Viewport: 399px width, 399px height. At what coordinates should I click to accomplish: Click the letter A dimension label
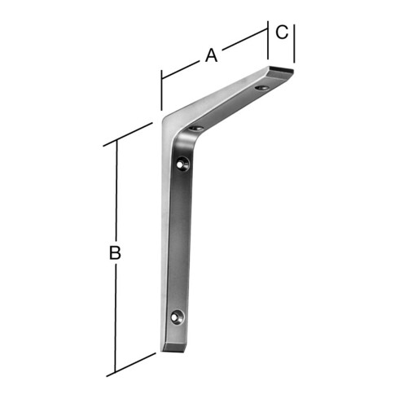point(212,55)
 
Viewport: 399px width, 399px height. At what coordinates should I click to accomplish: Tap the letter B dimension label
point(115,252)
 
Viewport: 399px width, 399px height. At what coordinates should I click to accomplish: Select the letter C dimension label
point(282,32)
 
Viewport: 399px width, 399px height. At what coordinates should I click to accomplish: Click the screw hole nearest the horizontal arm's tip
point(262,88)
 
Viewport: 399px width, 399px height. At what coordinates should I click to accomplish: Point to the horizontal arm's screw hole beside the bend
point(196,128)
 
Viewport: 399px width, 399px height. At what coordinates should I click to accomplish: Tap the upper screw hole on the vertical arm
point(183,164)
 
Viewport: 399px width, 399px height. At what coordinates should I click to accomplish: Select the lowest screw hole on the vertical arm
point(178,317)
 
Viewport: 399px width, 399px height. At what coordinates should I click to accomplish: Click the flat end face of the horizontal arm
point(282,69)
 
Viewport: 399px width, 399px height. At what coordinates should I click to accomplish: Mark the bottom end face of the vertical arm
point(173,348)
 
